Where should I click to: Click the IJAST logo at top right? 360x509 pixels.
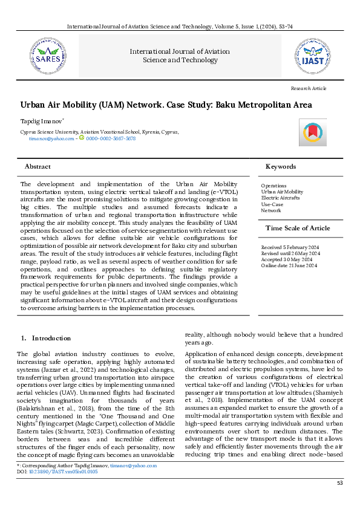312,53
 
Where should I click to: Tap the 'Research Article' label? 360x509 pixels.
308,88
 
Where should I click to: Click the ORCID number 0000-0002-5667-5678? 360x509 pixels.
111,138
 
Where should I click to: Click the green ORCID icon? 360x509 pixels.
82,138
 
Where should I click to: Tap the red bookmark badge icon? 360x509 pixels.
312,132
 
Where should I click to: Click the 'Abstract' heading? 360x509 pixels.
38,166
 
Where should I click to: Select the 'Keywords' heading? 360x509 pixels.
281,166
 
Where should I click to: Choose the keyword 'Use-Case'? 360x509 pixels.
272,204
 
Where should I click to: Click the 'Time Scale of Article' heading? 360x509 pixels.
298,228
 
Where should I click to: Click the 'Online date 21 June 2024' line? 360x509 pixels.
289,266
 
